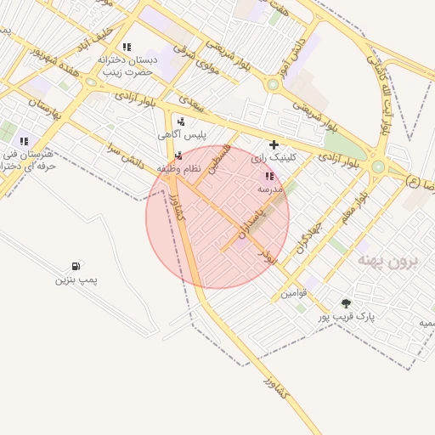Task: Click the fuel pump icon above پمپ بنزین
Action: click(77, 266)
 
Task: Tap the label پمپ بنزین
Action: click(77, 280)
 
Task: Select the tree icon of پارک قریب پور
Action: click(346, 303)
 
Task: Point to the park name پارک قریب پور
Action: click(347, 316)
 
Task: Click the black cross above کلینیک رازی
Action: click(274, 145)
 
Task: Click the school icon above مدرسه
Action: click(269, 176)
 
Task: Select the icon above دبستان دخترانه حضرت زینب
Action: click(127, 48)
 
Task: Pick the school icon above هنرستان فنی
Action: click(24, 141)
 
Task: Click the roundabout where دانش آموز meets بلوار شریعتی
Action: click(273, 85)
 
